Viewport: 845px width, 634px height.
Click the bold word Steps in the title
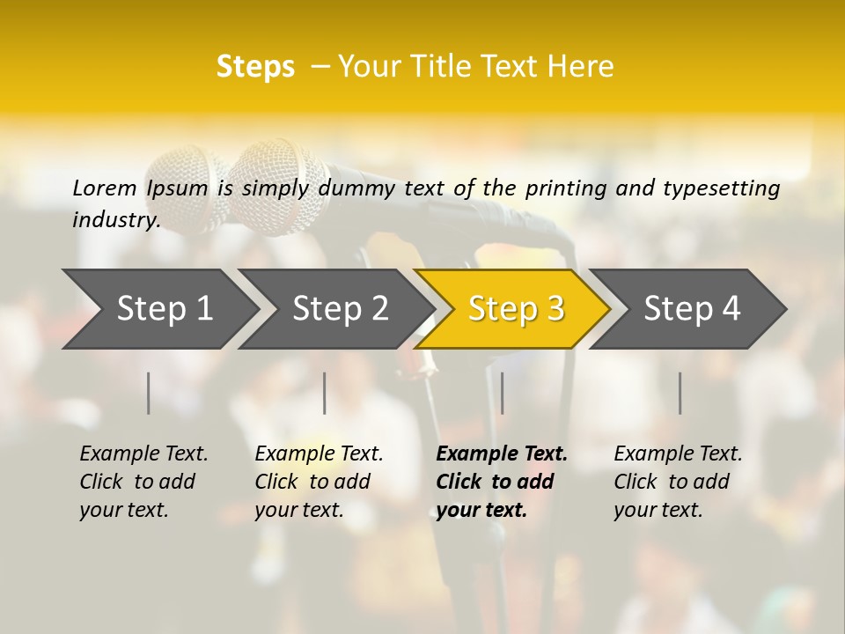255,67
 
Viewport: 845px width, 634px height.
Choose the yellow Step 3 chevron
516,308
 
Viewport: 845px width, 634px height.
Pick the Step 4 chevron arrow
692,308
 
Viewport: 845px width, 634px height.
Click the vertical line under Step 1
149,393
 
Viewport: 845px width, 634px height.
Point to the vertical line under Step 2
325,393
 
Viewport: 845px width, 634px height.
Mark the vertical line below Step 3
503,393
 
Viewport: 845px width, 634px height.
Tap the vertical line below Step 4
680,393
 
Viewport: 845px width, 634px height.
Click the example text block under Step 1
143,482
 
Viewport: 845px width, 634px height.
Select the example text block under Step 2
319,482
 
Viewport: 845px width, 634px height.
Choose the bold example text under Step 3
502,482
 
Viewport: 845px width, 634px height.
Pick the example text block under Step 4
678,482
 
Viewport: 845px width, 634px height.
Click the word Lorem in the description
105,188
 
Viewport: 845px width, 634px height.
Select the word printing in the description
567,188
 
